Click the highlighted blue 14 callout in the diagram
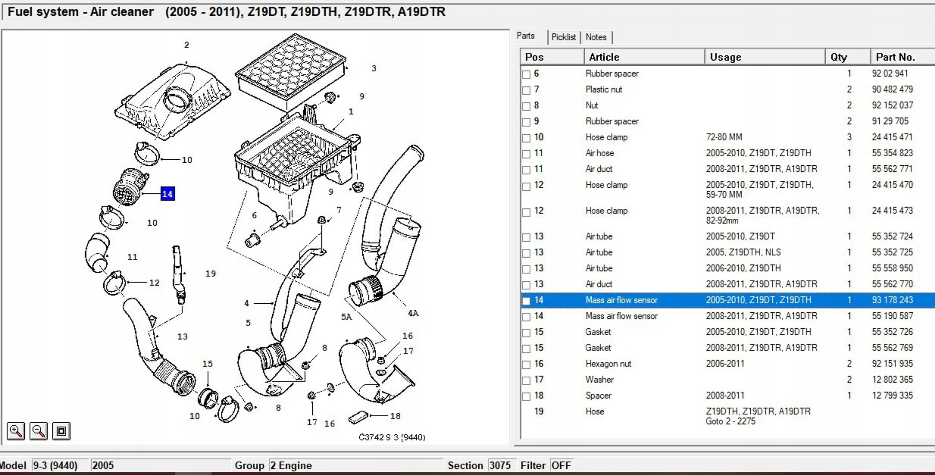coord(167,194)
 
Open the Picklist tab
coord(563,37)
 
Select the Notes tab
coord(595,37)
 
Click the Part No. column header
coord(895,57)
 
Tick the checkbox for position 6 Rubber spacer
coord(526,74)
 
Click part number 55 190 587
coord(892,316)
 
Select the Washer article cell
coord(600,379)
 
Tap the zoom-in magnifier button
coord(16,431)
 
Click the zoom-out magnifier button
coord(39,431)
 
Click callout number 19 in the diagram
coord(211,273)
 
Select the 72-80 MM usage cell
coord(724,137)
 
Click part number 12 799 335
coord(892,395)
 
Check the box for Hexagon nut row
coord(526,364)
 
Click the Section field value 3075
coord(500,465)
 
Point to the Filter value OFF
coord(561,465)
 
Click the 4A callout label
coord(413,313)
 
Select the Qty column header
coord(839,57)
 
